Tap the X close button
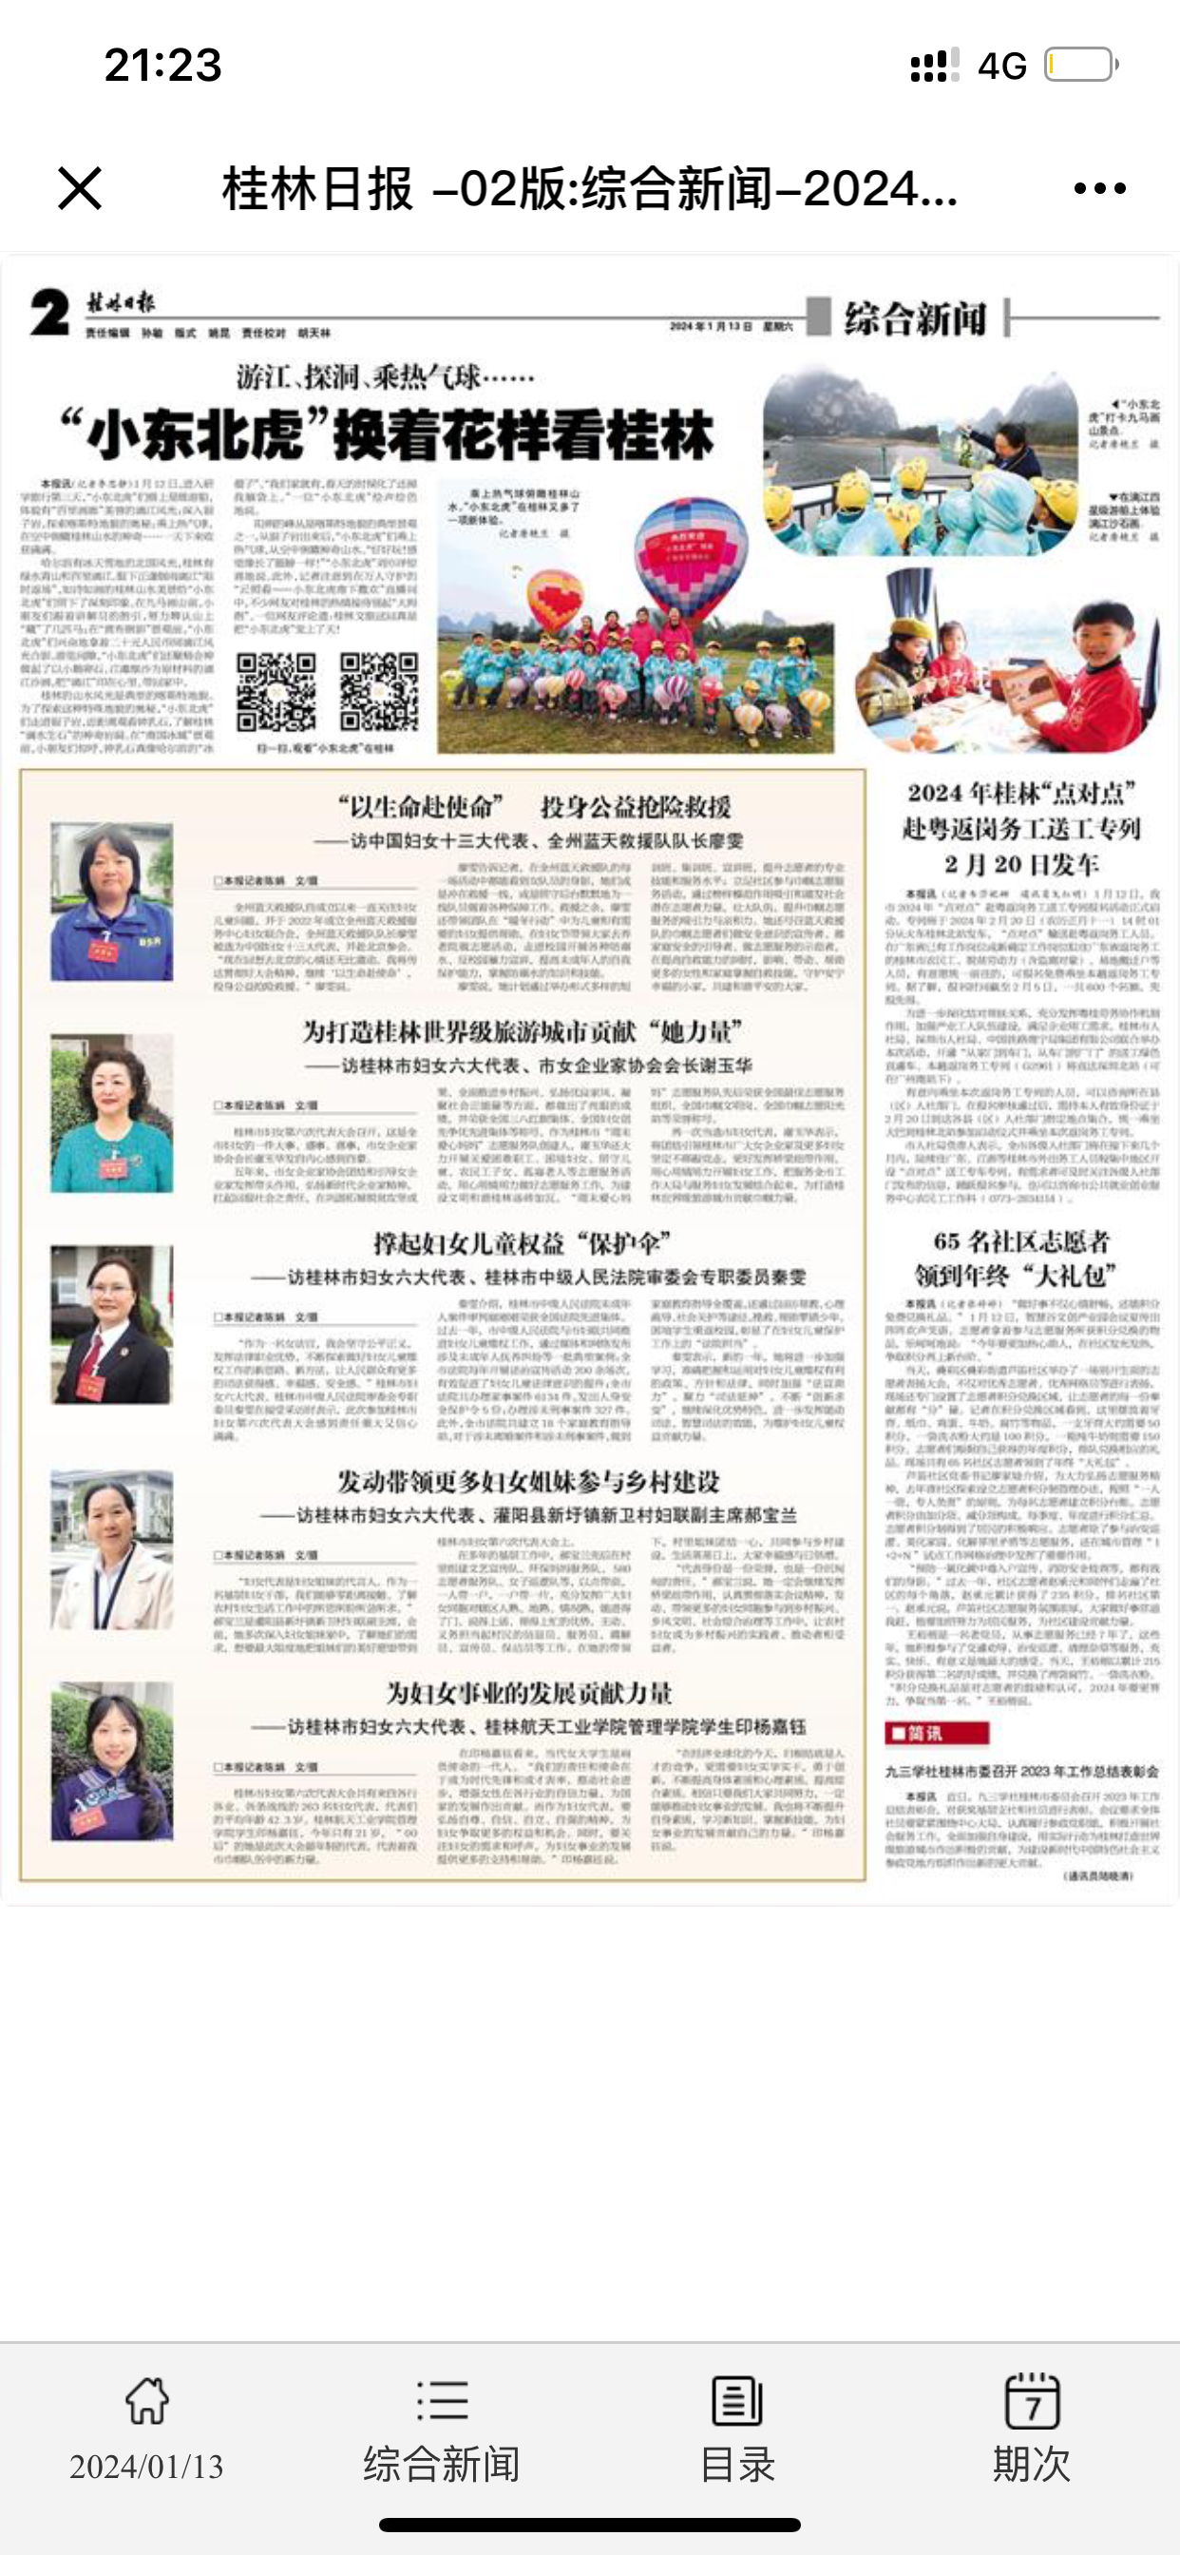[79, 188]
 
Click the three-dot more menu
[1099, 188]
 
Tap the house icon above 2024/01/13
[146, 2401]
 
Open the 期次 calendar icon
[1031, 2401]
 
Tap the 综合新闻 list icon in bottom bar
[441, 2401]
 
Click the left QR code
[275, 691]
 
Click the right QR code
[378, 691]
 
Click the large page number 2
[49, 313]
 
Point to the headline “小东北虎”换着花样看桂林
[387, 436]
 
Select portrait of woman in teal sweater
[112, 1113]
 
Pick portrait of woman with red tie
[112, 1324]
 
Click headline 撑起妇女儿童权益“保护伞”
[523, 1242]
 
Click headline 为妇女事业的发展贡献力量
[528, 1693]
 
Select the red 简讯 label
[936, 1733]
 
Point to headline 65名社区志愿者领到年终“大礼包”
[1020, 1258]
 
